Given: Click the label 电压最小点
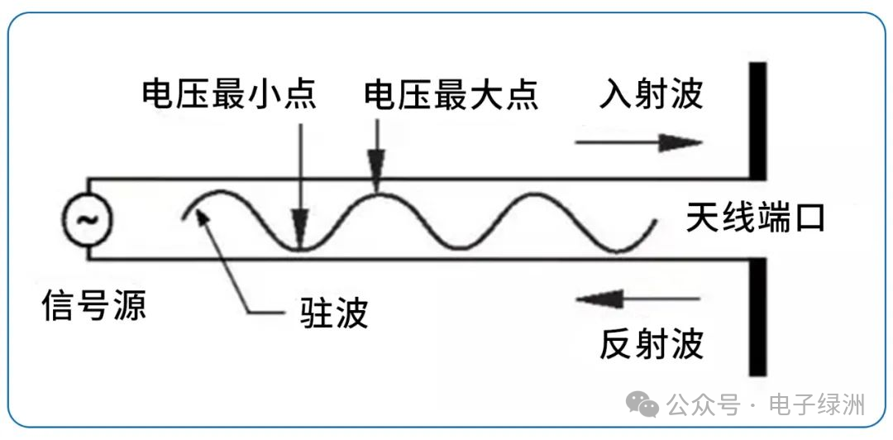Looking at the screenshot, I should coord(229,94).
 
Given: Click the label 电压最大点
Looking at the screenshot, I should coord(451,94).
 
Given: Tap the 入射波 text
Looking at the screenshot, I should coord(652,94).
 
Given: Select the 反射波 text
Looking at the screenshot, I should coord(652,343).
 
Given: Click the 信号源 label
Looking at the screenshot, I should coord(94,307).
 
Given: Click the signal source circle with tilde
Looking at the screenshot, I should coord(86,220).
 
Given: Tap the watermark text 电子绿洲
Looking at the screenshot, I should coord(817,405).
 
